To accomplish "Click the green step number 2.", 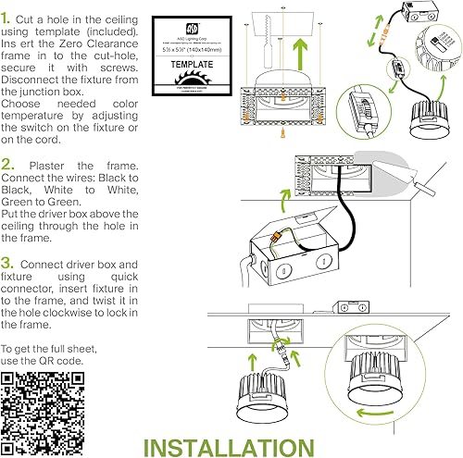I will (8, 166).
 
